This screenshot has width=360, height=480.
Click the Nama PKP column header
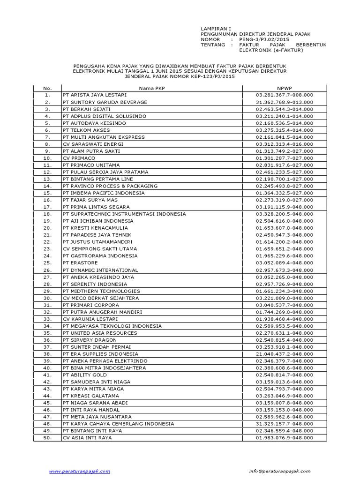point(151,88)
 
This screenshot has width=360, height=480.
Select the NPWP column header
point(284,88)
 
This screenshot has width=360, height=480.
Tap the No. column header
point(47,88)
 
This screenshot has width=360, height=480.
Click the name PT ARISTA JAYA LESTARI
point(90,95)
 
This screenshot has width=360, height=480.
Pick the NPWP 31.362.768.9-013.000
point(284,102)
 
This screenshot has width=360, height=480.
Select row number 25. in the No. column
point(47,263)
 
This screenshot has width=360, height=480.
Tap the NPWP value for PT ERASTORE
point(284,263)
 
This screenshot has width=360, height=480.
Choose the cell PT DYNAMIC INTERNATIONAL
point(100,270)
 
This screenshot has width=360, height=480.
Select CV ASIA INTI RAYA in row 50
point(87,438)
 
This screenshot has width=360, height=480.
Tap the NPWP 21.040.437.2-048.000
point(284,354)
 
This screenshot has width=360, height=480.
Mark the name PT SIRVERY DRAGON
point(90,340)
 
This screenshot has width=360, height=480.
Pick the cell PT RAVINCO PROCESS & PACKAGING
point(110,186)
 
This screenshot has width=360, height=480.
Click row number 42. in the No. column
point(47,382)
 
